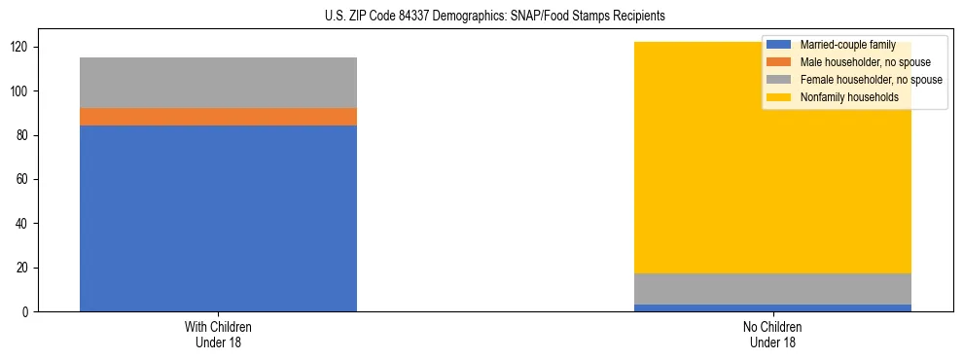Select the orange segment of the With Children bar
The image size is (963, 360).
click(x=218, y=117)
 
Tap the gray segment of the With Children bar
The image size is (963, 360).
click(x=218, y=83)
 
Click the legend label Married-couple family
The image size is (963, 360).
click(x=847, y=45)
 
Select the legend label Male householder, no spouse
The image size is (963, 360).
click(x=865, y=62)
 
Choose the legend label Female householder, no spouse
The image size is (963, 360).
click(x=871, y=80)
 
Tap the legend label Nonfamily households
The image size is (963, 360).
click(x=848, y=97)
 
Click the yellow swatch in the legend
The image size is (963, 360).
click(x=779, y=97)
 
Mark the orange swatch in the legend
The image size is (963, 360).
click(x=779, y=62)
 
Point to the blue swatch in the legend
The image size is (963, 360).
click(x=779, y=45)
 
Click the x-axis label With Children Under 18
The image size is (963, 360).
click(x=218, y=334)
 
